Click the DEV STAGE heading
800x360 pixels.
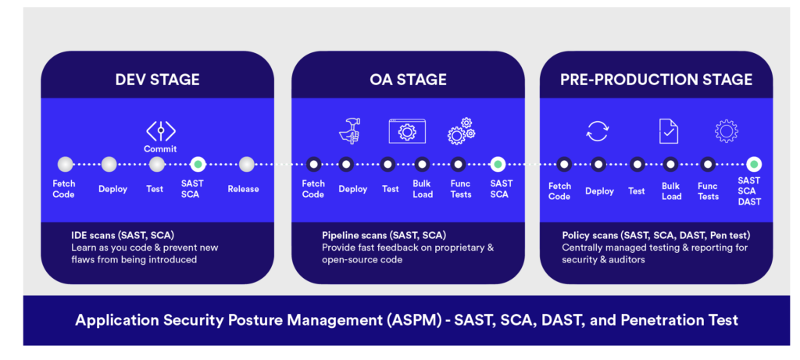157,80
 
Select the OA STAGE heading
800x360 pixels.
408,80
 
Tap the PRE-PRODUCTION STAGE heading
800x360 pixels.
656,80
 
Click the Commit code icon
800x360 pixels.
161,131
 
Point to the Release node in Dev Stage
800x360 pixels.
246,164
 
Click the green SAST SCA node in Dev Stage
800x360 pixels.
198,164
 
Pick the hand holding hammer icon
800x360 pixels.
350,130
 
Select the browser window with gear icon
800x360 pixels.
407,131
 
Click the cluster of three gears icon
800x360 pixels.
461,130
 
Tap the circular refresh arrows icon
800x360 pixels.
597,131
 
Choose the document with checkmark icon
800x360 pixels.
669,131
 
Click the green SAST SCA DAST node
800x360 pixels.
754,165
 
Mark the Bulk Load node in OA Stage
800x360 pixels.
423,164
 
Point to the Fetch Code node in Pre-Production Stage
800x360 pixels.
564,165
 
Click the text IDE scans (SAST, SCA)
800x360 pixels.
123,236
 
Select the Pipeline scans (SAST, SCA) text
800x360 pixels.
384,236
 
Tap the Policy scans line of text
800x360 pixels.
656,236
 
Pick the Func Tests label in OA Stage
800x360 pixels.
461,189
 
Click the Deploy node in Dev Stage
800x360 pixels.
109,164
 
